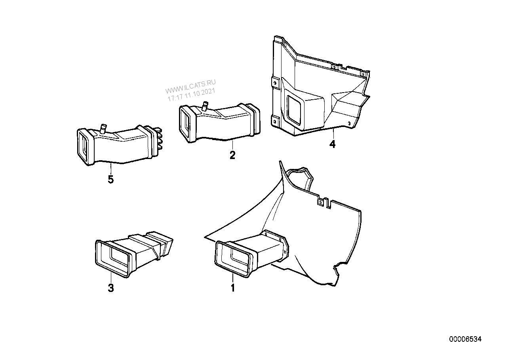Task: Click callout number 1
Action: [x=232, y=288]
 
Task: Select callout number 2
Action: [x=232, y=155]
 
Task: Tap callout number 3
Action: [x=110, y=288]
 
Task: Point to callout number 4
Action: [x=333, y=144]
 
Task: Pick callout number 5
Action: [x=110, y=180]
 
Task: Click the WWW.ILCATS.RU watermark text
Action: [x=190, y=86]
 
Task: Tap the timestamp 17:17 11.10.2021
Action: [x=191, y=95]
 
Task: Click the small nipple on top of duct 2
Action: [x=205, y=106]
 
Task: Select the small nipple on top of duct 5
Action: [x=103, y=129]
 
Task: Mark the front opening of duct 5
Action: [x=85, y=146]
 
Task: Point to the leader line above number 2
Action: [x=232, y=145]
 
